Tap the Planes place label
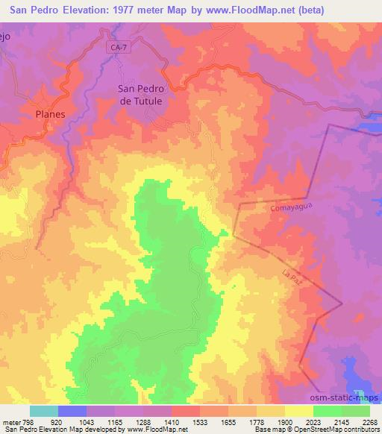click(51, 114)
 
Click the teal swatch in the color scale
click(44, 411)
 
